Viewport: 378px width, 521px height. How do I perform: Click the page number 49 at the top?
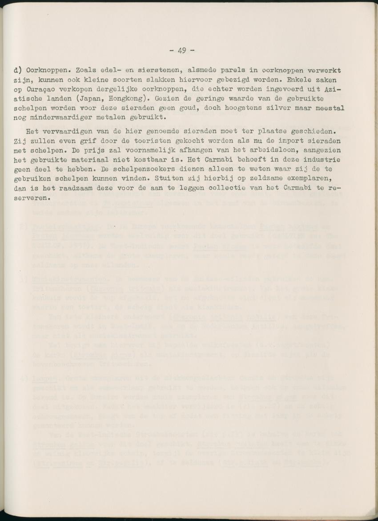pos(182,50)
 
